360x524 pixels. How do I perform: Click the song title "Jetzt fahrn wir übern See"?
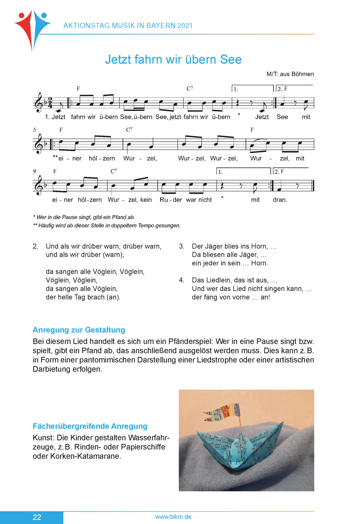(x=173, y=59)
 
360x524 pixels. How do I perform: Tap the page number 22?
(x=37, y=517)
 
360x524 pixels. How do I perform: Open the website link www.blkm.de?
(x=173, y=517)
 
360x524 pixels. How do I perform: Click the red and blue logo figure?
(x=32, y=29)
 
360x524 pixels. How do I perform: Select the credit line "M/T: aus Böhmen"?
(x=290, y=74)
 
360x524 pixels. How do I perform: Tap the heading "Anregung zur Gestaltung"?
(x=79, y=330)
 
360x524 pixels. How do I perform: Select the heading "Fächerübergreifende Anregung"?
(x=90, y=426)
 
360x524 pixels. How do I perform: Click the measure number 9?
(x=35, y=171)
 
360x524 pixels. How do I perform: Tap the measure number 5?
(x=35, y=130)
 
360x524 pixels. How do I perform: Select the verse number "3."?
(x=182, y=246)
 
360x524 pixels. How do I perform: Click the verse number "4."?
(x=182, y=280)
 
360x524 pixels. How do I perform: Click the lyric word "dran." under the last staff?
(x=280, y=200)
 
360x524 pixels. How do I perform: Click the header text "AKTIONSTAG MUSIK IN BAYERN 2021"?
(x=128, y=26)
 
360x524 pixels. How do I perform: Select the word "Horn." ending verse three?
(x=260, y=263)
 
